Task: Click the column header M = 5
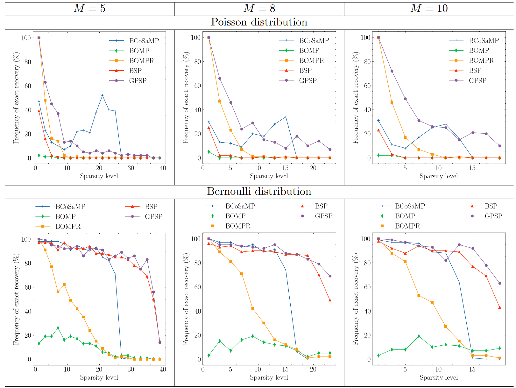point(89,8)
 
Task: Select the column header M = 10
point(429,8)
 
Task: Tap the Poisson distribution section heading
point(259,22)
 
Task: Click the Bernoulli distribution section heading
point(259,192)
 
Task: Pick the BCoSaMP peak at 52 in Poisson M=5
point(102,95)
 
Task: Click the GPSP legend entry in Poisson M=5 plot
point(138,81)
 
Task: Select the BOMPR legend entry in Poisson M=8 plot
point(311,60)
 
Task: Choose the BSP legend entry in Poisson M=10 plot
point(475,70)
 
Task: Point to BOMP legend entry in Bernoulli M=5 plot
point(65,216)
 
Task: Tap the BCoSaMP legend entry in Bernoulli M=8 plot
point(240,206)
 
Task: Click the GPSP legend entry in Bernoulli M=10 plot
point(493,216)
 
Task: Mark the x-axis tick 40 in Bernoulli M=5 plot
point(163,369)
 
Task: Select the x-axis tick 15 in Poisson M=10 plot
point(472,168)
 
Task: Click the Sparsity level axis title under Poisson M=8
point(269,176)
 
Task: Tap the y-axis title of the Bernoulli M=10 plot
point(355,299)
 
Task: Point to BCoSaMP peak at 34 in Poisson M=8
point(286,117)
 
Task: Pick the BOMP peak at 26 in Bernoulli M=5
point(58,328)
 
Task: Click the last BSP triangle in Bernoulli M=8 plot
point(330,300)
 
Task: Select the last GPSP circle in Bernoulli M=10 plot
point(499,283)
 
